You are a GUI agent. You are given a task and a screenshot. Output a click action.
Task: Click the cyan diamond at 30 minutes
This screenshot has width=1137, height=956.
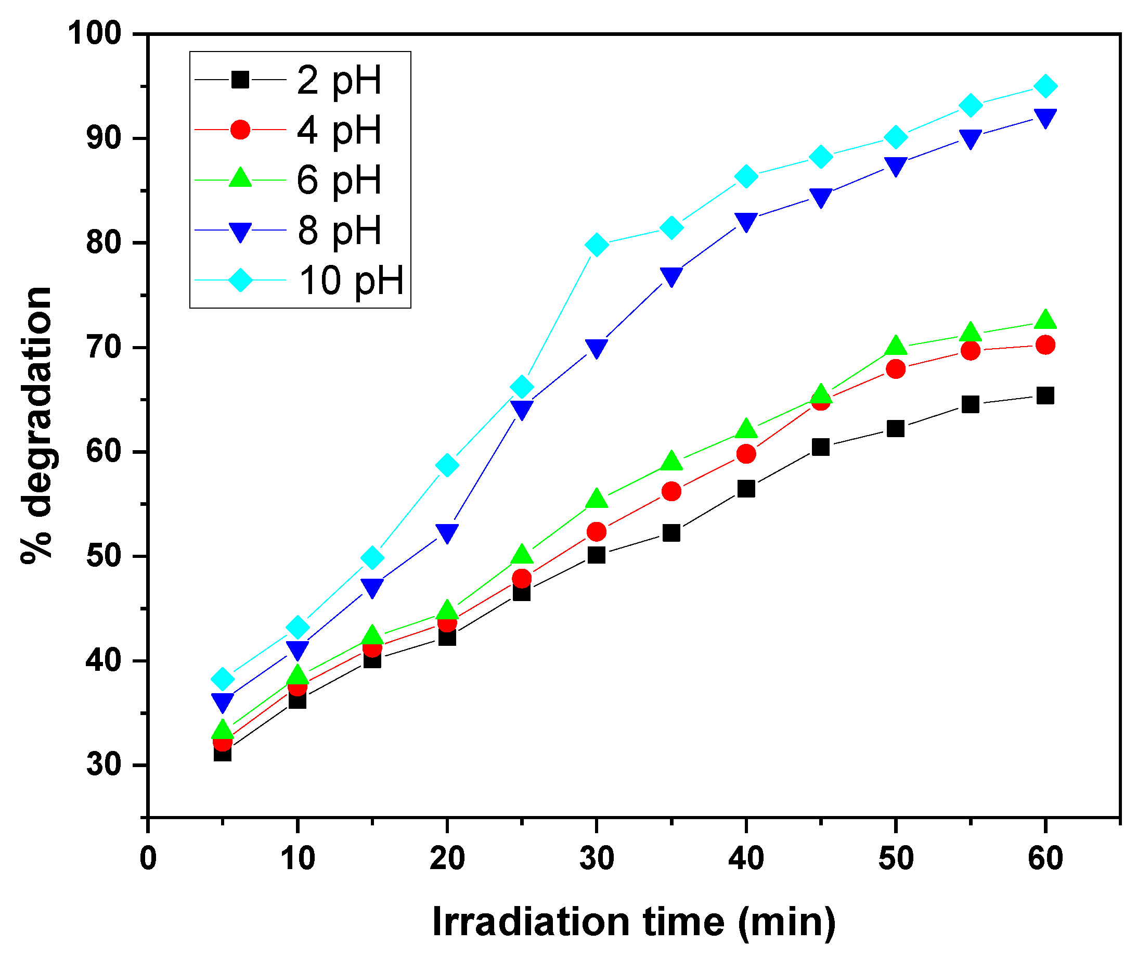(597, 245)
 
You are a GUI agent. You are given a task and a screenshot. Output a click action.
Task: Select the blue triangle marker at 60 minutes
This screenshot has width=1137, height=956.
(1045, 118)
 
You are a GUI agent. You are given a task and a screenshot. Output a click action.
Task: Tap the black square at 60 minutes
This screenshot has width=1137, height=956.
(1045, 396)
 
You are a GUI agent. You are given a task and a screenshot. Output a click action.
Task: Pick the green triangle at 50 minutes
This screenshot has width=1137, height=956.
(896, 346)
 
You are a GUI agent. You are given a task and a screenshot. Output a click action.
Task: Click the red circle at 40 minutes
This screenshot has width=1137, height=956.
(746, 454)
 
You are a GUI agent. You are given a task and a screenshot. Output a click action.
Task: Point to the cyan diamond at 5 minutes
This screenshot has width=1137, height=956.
(223, 679)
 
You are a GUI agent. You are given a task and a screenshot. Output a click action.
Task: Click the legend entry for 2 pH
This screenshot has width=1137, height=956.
(339, 80)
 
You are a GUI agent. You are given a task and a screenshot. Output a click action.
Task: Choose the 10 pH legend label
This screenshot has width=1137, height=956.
(352, 280)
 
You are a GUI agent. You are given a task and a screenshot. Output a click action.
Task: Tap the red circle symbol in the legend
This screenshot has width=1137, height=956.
(240, 130)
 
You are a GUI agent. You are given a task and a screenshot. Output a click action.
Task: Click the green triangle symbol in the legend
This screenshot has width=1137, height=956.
(240, 179)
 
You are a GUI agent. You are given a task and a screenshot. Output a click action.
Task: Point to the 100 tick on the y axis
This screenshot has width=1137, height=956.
(94, 34)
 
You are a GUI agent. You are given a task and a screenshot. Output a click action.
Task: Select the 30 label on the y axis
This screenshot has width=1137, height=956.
(104, 764)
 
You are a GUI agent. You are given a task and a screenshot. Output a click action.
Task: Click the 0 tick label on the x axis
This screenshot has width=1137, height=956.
(148, 859)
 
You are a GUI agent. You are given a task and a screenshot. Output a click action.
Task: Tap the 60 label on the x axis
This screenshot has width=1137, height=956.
(1045, 859)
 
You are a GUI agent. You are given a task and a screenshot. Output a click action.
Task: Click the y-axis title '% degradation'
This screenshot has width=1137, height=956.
(37, 425)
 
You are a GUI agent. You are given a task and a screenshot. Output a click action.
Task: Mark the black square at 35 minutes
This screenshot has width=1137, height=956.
(671, 533)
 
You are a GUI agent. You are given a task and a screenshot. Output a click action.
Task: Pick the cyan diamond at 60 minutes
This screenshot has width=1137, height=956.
(1045, 86)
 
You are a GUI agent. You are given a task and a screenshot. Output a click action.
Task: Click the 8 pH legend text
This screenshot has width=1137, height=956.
(339, 230)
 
